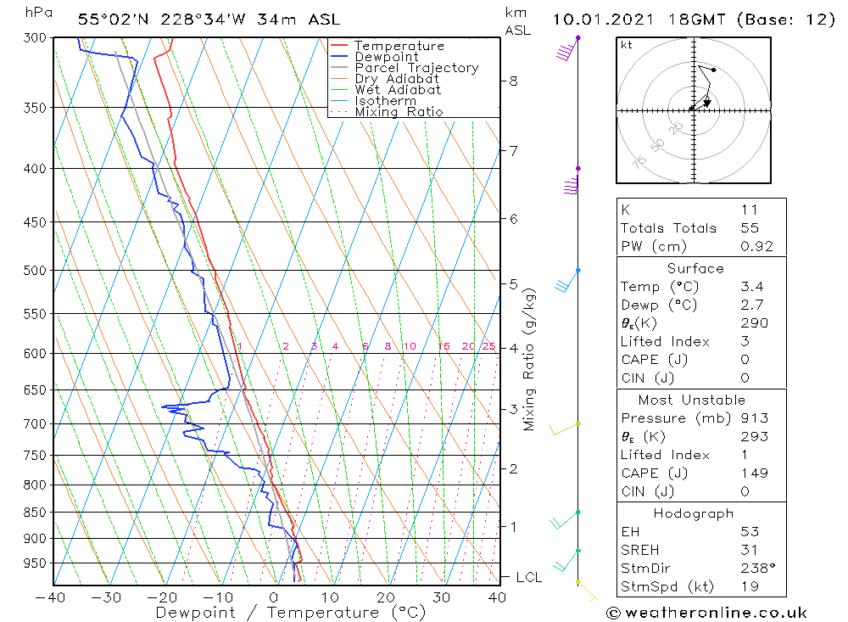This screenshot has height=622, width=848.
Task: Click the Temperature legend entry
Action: click(x=399, y=46)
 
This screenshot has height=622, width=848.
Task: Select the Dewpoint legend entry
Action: click(x=387, y=57)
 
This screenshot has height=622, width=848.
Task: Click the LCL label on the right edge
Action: click(x=529, y=577)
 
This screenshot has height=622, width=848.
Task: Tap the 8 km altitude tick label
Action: click(x=513, y=81)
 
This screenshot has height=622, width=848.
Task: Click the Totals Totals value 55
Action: click(x=750, y=228)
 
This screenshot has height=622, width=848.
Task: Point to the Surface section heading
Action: click(x=695, y=268)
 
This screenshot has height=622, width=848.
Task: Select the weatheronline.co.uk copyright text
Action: click(x=706, y=613)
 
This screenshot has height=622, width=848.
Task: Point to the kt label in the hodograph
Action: click(x=626, y=45)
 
